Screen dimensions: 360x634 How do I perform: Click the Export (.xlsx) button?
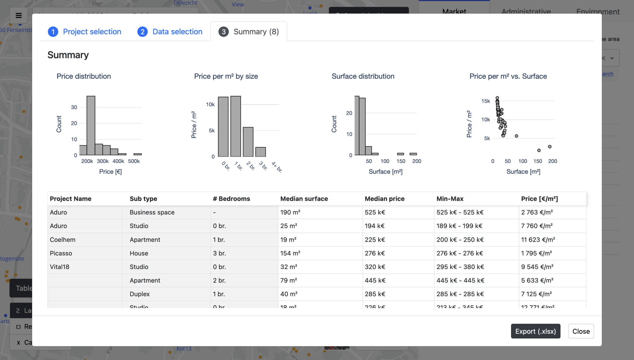(535, 331)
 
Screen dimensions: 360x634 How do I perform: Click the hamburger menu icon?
(19, 15)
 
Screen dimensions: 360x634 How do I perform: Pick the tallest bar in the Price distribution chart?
(91, 125)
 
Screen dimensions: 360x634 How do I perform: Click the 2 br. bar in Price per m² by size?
(248, 142)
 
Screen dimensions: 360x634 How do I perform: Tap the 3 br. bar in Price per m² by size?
(260, 152)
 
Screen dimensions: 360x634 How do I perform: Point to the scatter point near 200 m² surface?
(549, 147)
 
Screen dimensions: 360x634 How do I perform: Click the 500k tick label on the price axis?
(134, 161)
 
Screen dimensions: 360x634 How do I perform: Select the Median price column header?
(384, 199)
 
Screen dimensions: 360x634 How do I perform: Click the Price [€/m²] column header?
(539, 199)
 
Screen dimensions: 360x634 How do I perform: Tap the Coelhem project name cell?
(63, 240)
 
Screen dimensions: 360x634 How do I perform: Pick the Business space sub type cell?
(152, 212)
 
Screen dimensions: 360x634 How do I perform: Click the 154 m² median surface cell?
(290, 253)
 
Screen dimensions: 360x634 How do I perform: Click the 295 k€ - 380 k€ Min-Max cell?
(460, 267)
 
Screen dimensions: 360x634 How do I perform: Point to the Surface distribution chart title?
(363, 76)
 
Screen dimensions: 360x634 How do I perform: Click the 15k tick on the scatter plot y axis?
(485, 101)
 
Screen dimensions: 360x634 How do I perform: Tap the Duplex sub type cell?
(140, 294)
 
